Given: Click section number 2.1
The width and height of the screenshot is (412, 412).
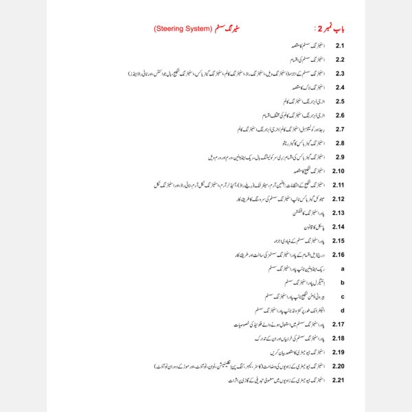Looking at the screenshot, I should pos(339,46).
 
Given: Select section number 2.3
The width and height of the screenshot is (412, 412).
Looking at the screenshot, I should pos(339,73).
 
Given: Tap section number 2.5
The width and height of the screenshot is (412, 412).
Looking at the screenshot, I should pos(339,102).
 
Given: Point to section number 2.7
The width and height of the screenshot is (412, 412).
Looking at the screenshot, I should pos(339,129).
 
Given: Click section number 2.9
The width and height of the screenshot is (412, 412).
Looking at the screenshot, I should pos(339,157).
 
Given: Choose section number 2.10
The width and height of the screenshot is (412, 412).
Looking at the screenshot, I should pos(338,171).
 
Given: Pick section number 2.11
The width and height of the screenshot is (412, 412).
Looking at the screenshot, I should pos(338,185).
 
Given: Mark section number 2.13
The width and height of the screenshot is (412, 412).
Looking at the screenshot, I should pos(338,213).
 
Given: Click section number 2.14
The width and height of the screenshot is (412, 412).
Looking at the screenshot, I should pos(338,227).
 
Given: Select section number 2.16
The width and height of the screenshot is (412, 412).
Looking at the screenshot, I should pos(338,255).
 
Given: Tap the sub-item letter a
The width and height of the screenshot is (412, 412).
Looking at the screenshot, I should pos(342,268).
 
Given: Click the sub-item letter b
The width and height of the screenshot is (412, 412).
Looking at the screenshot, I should pos(342,282).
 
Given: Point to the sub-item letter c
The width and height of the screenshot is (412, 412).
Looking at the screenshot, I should pos(342,297).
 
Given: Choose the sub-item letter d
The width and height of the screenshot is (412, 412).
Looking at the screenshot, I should pos(342,310).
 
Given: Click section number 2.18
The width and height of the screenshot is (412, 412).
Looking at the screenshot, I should pos(338,339).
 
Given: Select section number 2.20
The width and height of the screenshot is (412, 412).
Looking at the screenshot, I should pos(338,366).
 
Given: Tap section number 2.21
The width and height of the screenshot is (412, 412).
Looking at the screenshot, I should pos(338,380).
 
